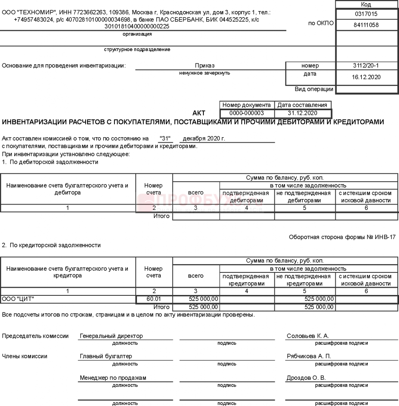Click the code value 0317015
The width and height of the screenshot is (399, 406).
(x=366, y=14)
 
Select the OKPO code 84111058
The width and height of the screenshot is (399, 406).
(x=366, y=25)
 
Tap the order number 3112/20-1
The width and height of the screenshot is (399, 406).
(x=366, y=66)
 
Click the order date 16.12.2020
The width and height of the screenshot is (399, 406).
(x=366, y=77)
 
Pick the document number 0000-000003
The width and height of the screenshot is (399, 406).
(x=247, y=113)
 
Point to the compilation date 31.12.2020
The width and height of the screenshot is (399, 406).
(x=303, y=113)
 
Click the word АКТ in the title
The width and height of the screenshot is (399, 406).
(x=199, y=113)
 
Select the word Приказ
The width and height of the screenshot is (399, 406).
(x=205, y=66)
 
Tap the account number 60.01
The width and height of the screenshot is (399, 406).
(x=154, y=299)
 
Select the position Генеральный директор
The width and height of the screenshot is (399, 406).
(x=111, y=336)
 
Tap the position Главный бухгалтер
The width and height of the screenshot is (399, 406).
(x=106, y=356)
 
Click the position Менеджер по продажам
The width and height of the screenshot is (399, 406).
(x=113, y=378)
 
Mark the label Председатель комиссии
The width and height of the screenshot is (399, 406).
(x=35, y=336)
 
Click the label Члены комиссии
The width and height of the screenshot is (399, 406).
(x=25, y=356)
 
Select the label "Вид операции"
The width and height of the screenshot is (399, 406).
(x=314, y=89)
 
